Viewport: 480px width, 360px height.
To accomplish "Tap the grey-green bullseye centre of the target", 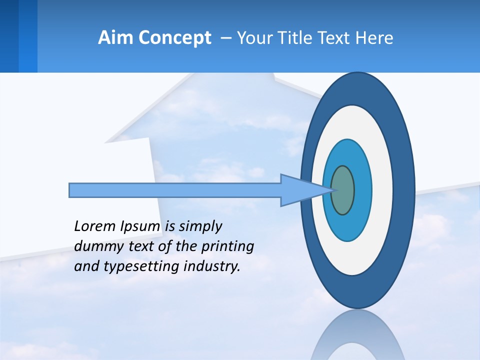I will click(342, 190).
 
